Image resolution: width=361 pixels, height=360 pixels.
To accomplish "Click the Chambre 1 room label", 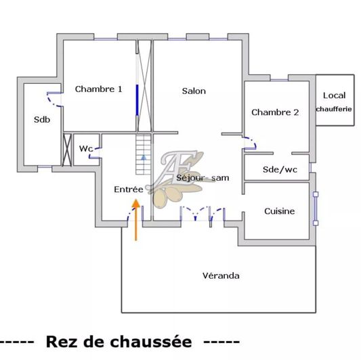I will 99,89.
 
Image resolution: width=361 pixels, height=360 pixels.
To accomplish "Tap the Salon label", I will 194,91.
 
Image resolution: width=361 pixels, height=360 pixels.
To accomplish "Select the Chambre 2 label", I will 275,112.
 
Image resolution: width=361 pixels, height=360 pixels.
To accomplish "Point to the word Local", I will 334,95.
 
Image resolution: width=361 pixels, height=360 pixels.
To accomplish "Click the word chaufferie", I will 334,109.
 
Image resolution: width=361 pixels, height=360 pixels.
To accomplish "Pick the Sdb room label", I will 41,120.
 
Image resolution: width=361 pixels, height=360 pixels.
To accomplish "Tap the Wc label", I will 86,148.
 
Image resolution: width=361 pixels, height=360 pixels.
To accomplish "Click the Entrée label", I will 128,190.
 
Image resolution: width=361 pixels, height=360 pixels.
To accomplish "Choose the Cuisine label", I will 280,211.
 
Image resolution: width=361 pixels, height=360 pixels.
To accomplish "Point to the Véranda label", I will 221,275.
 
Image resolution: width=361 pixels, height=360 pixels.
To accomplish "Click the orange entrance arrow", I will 136,219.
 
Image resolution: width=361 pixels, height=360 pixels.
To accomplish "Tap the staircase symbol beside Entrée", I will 144,155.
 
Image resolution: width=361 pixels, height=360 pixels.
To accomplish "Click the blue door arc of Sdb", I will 51,99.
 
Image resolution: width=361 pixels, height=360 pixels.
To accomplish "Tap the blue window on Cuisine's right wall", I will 315,208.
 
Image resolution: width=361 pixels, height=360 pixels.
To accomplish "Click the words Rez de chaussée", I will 119,342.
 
